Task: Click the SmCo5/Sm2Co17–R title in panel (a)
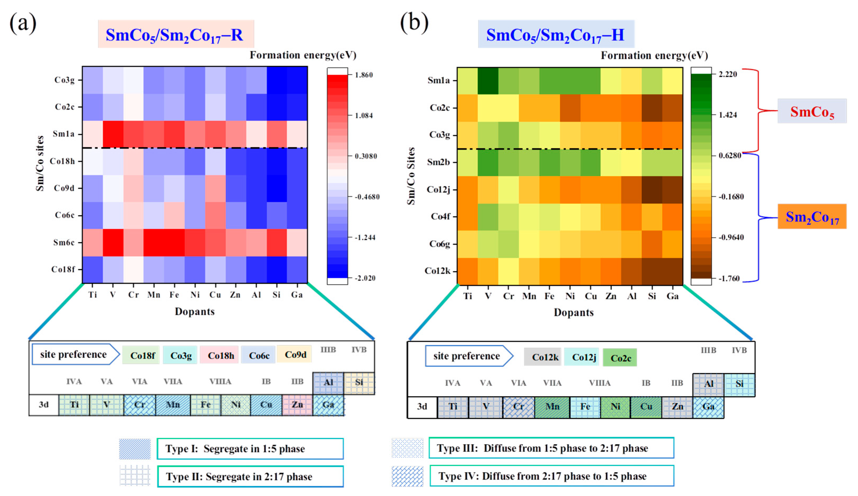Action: click(175, 34)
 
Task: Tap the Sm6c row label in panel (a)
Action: click(64, 242)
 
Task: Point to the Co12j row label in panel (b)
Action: click(438, 189)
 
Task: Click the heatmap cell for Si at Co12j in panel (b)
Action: click(652, 190)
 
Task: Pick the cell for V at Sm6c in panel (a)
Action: click(113, 242)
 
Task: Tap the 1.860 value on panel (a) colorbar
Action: click(364, 75)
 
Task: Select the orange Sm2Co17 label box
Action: click(812, 217)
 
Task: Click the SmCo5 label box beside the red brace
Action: click(812, 111)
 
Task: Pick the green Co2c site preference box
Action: click(620, 358)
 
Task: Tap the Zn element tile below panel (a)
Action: click(297, 405)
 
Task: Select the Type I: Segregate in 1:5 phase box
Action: click(250, 449)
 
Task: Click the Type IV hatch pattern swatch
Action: click(407, 476)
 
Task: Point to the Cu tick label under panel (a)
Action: click(215, 295)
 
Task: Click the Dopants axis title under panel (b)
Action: click(574, 312)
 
